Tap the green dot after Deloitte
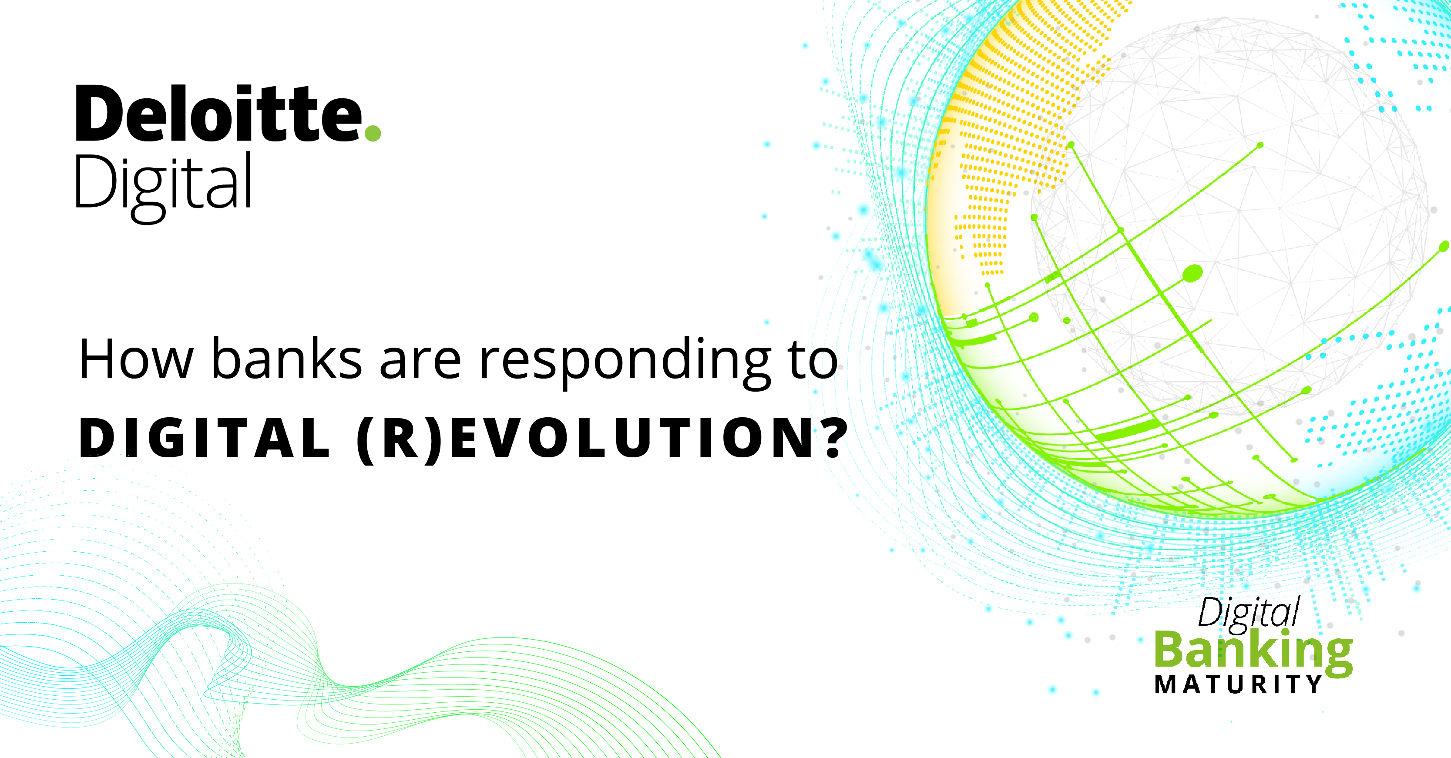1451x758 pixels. click(373, 133)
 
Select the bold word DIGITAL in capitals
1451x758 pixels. click(205, 438)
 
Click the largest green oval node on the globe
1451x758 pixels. click(1192, 274)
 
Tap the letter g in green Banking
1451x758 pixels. click(1334, 658)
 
